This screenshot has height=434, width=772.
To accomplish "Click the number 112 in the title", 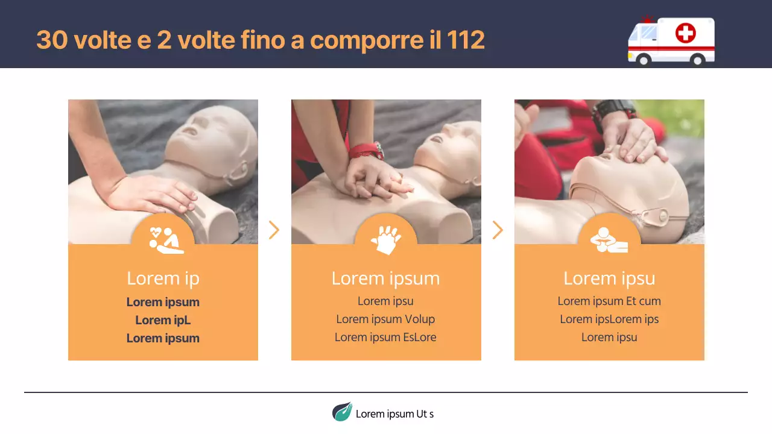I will click(x=466, y=40).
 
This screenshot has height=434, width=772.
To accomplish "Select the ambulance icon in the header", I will click(x=671, y=40).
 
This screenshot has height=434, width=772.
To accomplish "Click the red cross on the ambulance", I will click(x=685, y=33).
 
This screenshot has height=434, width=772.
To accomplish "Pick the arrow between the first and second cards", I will click(x=274, y=230).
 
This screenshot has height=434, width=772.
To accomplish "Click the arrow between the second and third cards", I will click(x=498, y=230).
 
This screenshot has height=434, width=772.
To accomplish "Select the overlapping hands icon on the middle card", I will click(x=386, y=239).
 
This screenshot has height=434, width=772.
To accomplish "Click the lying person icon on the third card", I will click(x=609, y=240).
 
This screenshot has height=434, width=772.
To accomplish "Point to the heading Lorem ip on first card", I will click(x=163, y=278).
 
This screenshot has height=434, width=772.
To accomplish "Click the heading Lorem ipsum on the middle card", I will click(x=386, y=278).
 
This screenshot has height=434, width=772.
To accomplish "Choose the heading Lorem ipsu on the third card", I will click(x=609, y=278).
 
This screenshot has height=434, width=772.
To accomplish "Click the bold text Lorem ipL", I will click(x=163, y=320).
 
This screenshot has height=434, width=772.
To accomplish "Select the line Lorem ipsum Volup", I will click(x=386, y=319).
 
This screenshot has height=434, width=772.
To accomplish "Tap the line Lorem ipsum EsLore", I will click(x=386, y=337).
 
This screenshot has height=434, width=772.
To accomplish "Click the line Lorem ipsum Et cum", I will click(x=609, y=301).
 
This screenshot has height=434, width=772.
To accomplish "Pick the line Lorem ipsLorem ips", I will click(x=609, y=319).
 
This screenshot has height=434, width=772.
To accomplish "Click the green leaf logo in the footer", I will click(x=342, y=412).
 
